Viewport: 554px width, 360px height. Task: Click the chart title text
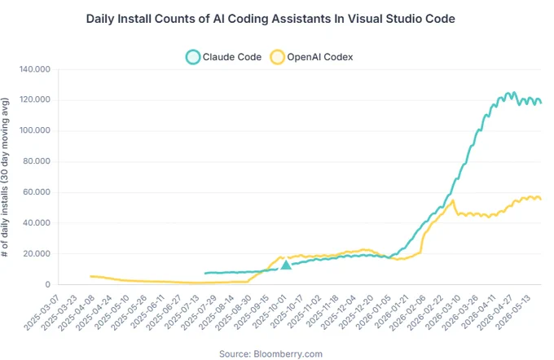pos(270,19)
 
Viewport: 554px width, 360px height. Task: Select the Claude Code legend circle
pos(193,57)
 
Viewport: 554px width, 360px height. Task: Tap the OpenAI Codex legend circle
pos(277,57)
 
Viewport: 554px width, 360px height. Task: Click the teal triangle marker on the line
pos(286,265)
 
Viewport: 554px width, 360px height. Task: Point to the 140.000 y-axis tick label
pos(34,69)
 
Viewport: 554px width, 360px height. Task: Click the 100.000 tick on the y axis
pos(34,130)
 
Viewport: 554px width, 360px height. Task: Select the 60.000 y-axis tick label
pos(37,192)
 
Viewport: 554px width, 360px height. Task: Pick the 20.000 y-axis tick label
pos(37,253)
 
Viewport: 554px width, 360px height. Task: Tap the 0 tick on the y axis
pos(48,284)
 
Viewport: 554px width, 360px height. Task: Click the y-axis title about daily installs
pos(5,178)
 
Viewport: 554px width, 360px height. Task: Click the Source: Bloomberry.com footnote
pos(270,354)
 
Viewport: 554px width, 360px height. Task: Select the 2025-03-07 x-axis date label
pos(42,312)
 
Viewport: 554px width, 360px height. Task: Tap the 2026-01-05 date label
pos(373,312)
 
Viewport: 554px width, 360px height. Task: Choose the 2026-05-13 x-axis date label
pos(513,312)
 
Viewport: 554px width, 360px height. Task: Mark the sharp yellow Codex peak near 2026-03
pos(453,200)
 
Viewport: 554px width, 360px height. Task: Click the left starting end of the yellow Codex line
pos(90,276)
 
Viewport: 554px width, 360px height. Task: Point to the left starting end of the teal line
pos(205,274)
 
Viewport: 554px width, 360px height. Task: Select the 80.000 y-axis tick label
pos(37,161)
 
